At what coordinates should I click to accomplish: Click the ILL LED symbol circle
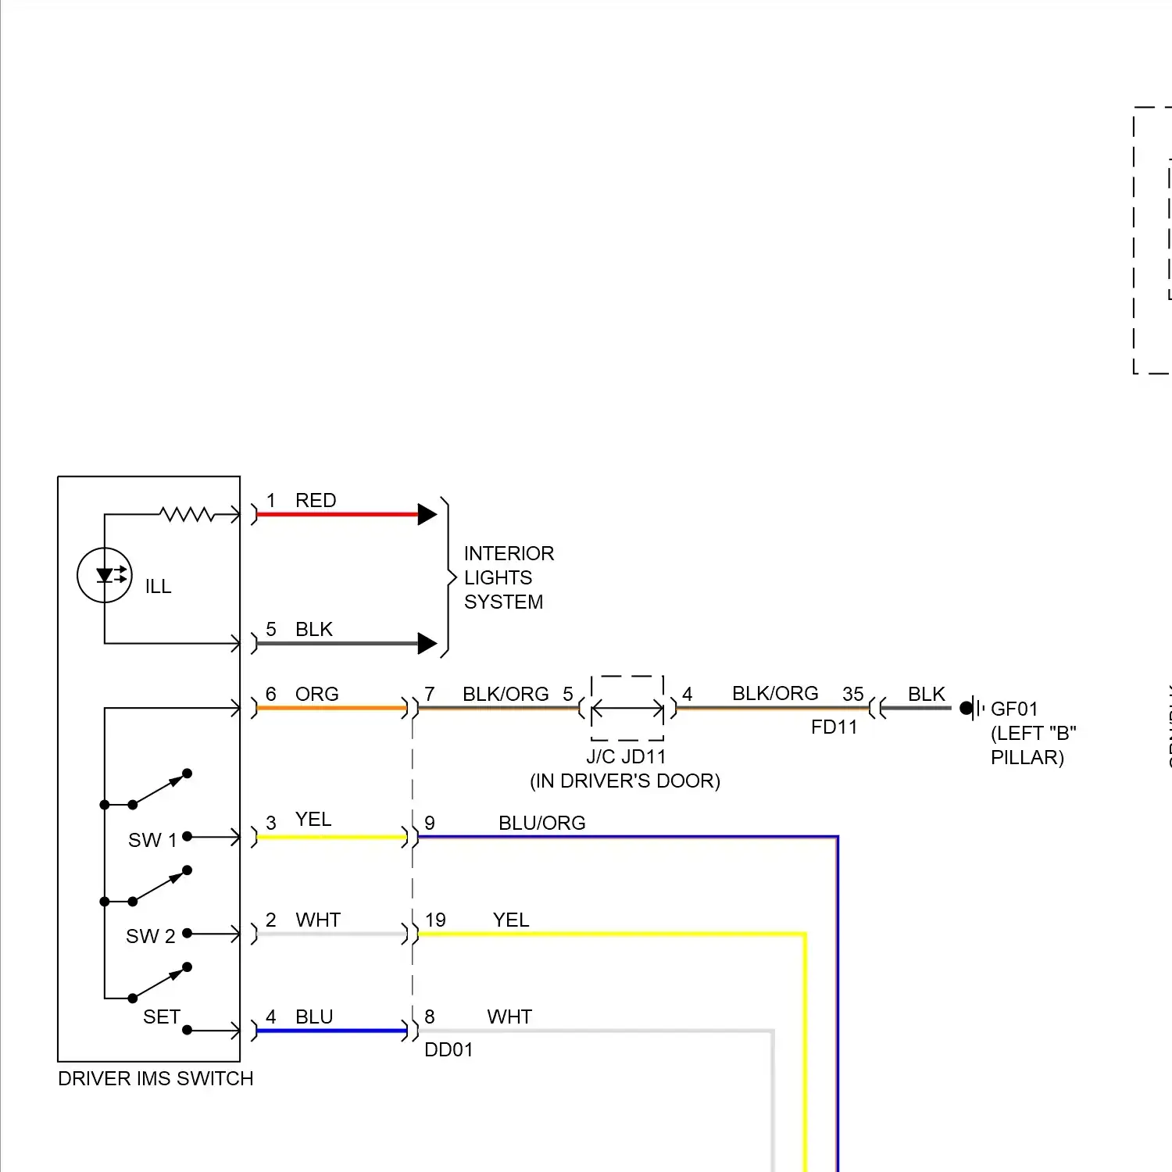coord(105,575)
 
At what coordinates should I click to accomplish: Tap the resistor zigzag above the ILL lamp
coord(187,514)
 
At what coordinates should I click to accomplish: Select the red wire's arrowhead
coord(427,514)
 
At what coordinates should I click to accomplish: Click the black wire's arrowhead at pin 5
coord(427,643)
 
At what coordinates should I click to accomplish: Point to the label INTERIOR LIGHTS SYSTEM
coord(509,577)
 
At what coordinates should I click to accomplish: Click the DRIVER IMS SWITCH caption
coord(155,1078)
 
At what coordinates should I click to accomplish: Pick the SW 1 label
coord(152,840)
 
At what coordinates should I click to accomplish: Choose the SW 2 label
coord(150,936)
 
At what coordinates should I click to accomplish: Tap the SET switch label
coord(162,1017)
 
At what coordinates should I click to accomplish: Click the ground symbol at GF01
coord(971,708)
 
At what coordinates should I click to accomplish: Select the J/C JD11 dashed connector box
coord(627,708)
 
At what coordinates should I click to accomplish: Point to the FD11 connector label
coord(834,727)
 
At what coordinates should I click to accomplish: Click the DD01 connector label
coord(448,1049)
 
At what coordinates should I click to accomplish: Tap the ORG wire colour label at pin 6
coord(316,694)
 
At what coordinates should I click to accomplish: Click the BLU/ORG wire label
coord(541,823)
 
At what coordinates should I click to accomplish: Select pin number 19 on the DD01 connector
coord(435,920)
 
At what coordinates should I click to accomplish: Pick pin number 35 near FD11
coord(852,694)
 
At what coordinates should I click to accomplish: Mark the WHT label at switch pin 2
coord(317,920)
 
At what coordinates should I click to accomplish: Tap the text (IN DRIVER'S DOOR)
coord(625,781)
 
